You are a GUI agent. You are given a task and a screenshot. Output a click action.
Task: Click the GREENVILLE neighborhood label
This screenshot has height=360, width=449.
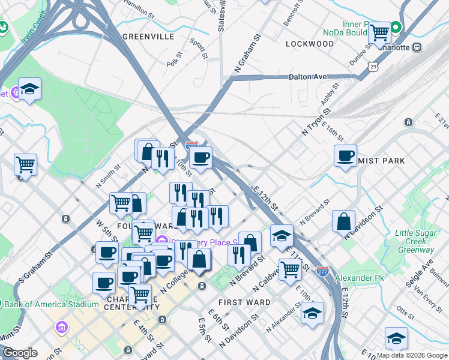[148, 37]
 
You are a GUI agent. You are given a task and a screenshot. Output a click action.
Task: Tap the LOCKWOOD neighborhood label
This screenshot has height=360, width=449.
[310, 44]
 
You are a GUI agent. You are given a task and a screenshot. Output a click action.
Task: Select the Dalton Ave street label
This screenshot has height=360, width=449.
[307, 77]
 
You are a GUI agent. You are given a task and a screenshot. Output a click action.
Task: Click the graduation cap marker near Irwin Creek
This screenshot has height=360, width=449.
[29, 89]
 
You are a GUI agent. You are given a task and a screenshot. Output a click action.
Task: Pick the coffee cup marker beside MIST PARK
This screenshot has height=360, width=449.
[345, 156]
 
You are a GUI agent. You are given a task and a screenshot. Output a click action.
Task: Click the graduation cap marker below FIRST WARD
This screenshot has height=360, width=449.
[312, 313]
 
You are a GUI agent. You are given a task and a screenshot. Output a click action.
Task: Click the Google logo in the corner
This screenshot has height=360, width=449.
[20, 353]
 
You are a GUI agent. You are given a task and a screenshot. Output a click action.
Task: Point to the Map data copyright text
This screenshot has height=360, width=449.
[412, 355]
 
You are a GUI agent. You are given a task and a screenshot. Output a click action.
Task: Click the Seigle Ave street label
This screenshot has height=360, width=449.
[427, 273]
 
